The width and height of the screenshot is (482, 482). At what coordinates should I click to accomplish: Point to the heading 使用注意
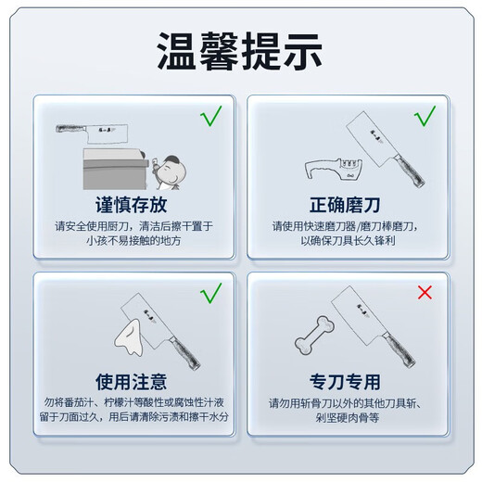pyautogui.click(x=130, y=381)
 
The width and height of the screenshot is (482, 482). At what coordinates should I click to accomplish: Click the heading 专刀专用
pyautogui.click(x=350, y=381)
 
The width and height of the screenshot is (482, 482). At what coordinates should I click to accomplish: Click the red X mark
pyautogui.click(x=425, y=293)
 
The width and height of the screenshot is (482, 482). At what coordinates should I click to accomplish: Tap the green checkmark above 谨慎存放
pyautogui.click(x=211, y=117)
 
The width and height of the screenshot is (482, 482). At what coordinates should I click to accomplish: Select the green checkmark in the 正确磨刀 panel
pyautogui.click(x=425, y=117)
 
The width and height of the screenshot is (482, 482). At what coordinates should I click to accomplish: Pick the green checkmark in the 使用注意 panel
pyautogui.click(x=211, y=294)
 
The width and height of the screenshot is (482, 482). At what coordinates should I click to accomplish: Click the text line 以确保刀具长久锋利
pyautogui.click(x=350, y=240)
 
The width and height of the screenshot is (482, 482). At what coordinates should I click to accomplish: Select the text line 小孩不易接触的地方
pyautogui.click(x=130, y=241)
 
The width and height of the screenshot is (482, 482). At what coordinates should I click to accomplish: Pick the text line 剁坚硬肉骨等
pyautogui.click(x=350, y=418)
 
